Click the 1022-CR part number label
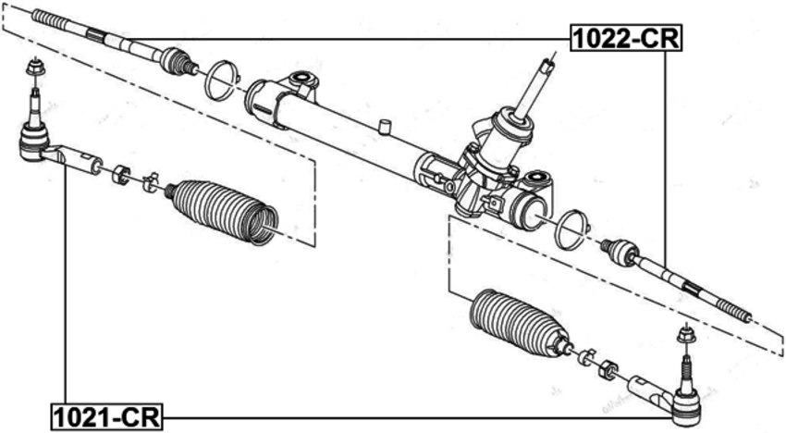(625, 38)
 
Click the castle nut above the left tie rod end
(33, 68)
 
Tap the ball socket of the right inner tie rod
(619, 249)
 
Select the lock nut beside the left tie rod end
(119, 173)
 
